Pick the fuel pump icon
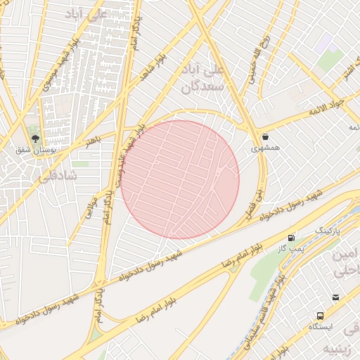[x=291, y=238]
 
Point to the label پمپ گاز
[x=291, y=248]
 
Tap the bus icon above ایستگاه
[x=321, y=316]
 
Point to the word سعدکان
[x=202, y=86]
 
